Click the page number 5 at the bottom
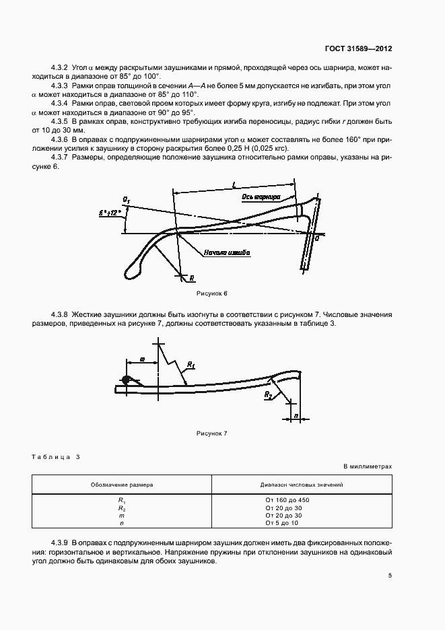coord(390,575)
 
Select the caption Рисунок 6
coord(212,295)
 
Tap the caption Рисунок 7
coord(212,433)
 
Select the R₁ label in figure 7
coord(191,365)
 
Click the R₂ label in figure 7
coord(268,394)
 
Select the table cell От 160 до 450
coord(287,500)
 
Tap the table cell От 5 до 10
coord(281,523)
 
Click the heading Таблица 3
coord(56,457)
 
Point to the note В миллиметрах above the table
coord(367,466)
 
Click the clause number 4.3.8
coord(61,314)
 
